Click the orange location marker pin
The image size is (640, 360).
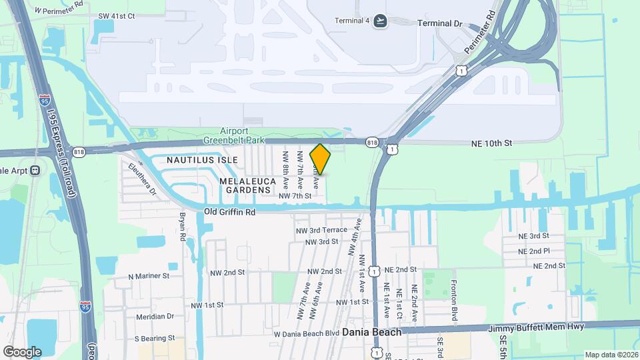click(320, 159)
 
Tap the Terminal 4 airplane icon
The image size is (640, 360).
click(381, 20)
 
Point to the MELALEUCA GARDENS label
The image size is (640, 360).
click(247, 185)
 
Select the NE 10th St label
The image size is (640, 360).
click(491, 143)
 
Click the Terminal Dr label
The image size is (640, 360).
click(439, 23)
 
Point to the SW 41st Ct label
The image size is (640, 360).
click(116, 15)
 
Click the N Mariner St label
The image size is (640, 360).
click(149, 275)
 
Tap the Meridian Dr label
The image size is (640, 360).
click(155, 317)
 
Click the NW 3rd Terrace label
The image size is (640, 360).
click(322, 230)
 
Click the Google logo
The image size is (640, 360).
click(22, 351)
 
